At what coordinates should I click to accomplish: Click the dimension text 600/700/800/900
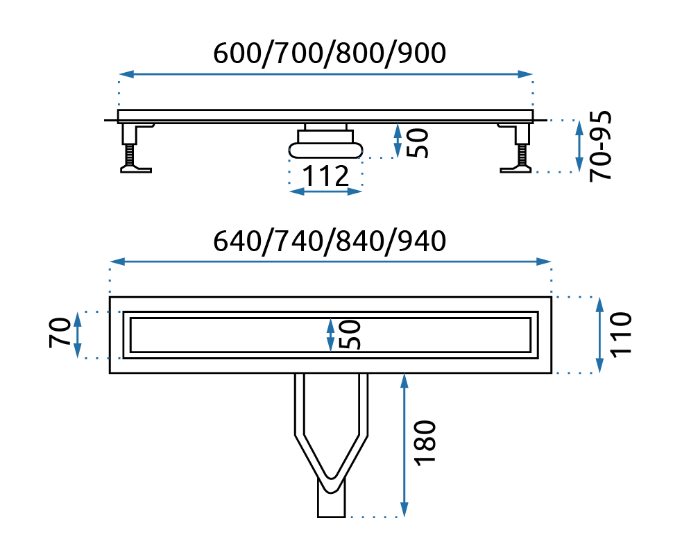click(x=329, y=53)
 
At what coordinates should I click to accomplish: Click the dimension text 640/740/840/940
click(x=329, y=241)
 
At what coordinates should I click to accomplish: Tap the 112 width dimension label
click(x=325, y=176)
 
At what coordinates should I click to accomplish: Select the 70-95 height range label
click(x=601, y=146)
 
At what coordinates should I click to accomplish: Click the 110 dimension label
click(x=621, y=334)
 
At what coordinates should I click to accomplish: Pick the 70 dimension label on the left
click(x=60, y=334)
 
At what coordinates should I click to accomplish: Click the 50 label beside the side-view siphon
click(x=416, y=142)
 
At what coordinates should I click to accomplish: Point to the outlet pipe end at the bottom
click(x=331, y=506)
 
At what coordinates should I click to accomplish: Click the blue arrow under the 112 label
click(x=325, y=191)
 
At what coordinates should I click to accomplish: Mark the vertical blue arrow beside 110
click(x=599, y=334)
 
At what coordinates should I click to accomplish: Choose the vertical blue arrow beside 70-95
click(x=579, y=146)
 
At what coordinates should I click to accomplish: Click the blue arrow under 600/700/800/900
click(x=326, y=74)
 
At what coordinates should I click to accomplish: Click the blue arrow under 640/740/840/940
click(x=330, y=262)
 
